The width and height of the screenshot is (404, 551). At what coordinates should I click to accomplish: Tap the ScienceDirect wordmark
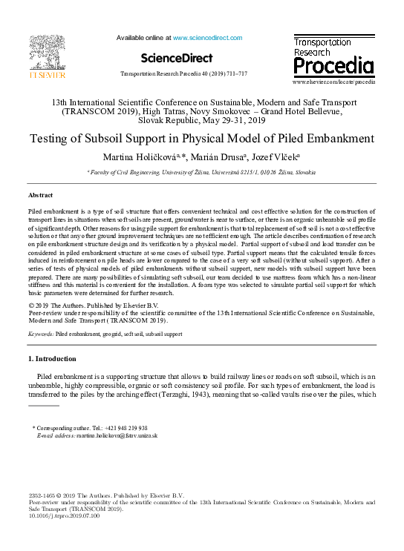[x=175, y=58]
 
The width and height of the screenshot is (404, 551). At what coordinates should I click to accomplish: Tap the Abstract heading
[x=40, y=194]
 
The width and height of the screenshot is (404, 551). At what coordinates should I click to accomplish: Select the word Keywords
[x=41, y=335]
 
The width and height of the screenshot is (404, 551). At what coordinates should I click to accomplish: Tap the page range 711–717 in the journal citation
[x=236, y=74]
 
